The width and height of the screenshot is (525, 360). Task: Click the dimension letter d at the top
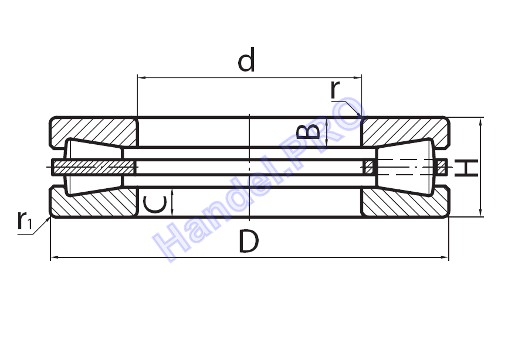(x=246, y=60)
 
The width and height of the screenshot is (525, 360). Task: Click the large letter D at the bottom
(x=249, y=241)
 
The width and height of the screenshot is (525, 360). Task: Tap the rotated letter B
(x=309, y=132)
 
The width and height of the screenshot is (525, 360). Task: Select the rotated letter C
(x=155, y=205)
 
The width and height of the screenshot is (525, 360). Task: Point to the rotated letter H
(x=466, y=168)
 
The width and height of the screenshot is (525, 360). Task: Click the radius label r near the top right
(x=335, y=89)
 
